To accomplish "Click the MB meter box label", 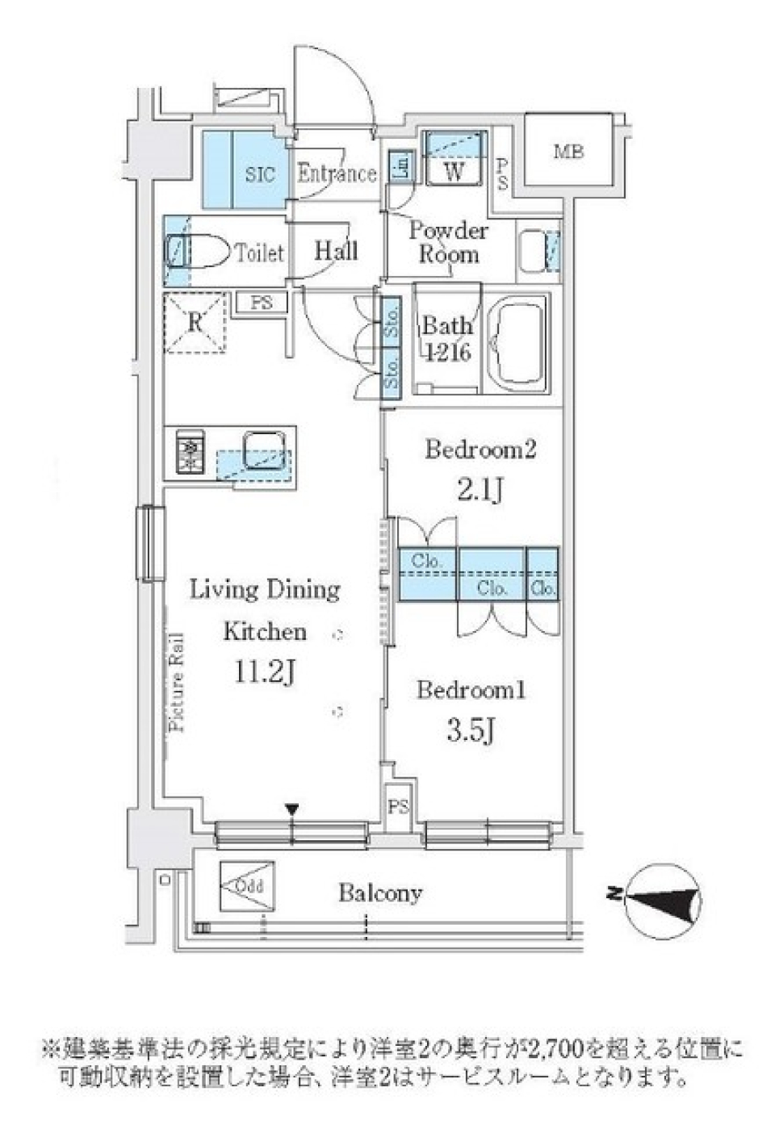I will click(568, 151).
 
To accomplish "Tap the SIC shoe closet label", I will click(260, 174).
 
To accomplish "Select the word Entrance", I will click(337, 174).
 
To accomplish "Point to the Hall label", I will click(336, 251).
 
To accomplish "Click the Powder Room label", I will click(448, 243).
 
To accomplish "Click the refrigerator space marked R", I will click(195, 323).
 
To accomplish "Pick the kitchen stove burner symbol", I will click(191, 455).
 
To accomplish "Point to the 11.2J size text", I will click(263, 672).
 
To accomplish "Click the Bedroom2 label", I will click(480, 450).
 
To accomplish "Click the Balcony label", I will click(379, 893).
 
